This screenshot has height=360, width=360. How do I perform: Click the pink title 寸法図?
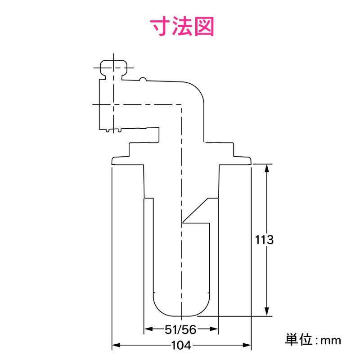182,27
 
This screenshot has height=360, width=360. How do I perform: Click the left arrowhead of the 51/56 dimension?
148,329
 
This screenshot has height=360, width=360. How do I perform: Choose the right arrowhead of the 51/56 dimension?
215,329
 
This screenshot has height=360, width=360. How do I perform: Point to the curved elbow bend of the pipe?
196,92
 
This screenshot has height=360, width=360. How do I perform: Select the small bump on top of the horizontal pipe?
143,79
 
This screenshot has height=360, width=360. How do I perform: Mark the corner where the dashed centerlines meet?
181,104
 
